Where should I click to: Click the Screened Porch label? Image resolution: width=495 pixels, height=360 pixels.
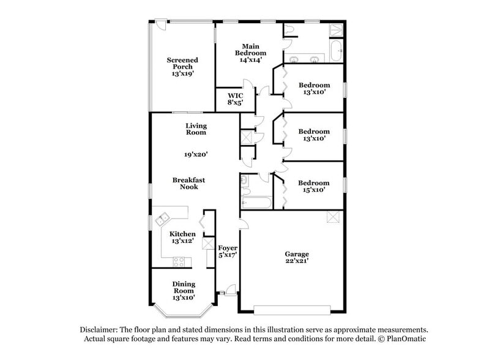click(x=182, y=67)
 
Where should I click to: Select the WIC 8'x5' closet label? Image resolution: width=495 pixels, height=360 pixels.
click(x=236, y=99)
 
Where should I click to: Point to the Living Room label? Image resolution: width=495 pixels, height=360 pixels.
click(x=196, y=129)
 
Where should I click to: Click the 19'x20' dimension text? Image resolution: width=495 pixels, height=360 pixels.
click(x=196, y=155)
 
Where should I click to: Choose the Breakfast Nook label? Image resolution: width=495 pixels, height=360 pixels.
click(x=188, y=183)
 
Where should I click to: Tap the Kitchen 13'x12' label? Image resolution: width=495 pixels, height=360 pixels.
click(x=182, y=238)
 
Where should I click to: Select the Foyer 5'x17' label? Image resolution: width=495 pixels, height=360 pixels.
click(x=228, y=252)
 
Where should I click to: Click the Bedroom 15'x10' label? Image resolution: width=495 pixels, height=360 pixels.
click(x=313, y=186)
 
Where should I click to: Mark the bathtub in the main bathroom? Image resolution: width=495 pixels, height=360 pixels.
click(x=336, y=51)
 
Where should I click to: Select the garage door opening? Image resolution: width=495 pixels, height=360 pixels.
click(x=292, y=309)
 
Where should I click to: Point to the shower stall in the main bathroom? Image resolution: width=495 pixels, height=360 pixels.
click(x=336, y=30)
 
